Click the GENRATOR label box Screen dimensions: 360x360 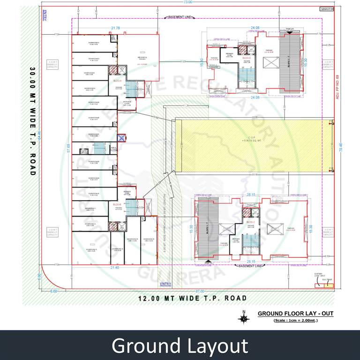pyautogui.click(x=326, y=8)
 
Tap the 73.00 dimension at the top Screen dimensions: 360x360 pyautogui.click(x=187, y=3)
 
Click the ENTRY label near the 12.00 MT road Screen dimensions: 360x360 pyautogui.click(x=165, y=284)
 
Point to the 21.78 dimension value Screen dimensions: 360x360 pyautogui.click(x=115, y=28)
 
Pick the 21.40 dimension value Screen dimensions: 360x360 pyautogui.click(x=114, y=267)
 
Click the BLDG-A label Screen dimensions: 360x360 pyautogui.click(x=117, y=81)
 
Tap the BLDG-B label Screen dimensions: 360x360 pyautogui.click(x=117, y=204)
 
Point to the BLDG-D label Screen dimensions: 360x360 pyautogui.click(x=247, y=58)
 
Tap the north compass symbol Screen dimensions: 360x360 pyautogui.click(x=243, y=318)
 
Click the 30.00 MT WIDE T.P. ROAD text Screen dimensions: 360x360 pyautogui.click(x=32, y=121)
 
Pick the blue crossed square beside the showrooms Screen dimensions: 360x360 pyautogui.click(x=122, y=138)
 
